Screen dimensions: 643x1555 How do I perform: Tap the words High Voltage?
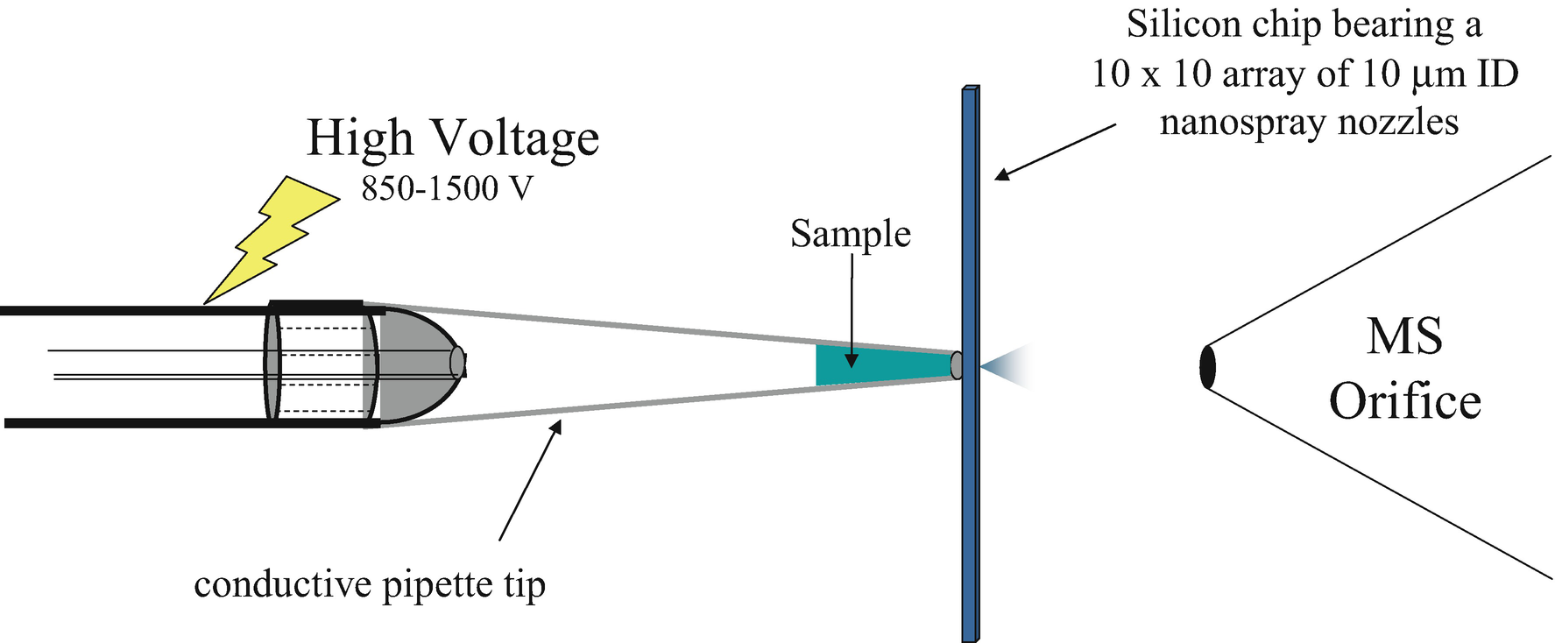click(453, 138)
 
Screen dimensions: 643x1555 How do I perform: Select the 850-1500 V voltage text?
click(447, 188)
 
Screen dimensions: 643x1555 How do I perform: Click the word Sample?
click(850, 234)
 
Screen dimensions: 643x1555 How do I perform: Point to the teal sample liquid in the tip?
click(867, 365)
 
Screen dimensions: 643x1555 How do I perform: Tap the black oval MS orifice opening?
click(1207, 367)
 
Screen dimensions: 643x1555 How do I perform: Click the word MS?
click(1404, 336)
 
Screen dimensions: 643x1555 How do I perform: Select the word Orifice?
click(1404, 402)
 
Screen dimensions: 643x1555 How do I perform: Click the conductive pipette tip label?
click(370, 584)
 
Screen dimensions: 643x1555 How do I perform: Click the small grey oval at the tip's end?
click(956, 365)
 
